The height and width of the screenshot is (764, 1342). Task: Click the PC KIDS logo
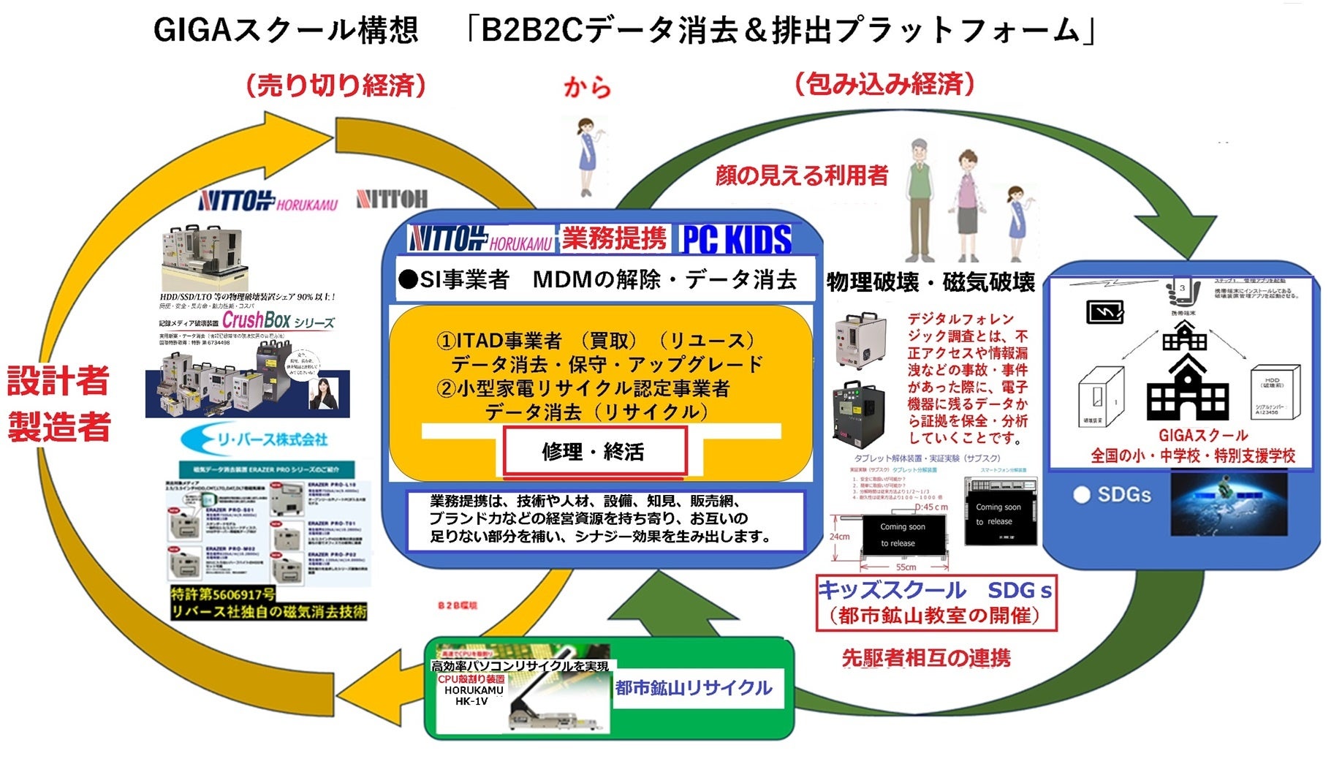736,239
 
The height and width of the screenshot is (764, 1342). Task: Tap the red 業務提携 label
614,238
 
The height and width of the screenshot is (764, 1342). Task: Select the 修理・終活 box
594,451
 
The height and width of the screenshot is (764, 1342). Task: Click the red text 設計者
58,380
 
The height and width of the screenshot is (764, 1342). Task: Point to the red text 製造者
58,427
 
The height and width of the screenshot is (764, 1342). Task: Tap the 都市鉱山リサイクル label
693,687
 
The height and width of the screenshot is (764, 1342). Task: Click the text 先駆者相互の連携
926,658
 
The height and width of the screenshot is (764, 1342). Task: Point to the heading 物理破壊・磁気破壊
930,282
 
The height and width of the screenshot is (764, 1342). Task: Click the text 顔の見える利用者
802,175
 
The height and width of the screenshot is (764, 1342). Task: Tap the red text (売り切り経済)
335,86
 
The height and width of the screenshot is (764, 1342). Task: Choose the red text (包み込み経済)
884,84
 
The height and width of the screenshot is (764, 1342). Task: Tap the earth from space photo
1229,503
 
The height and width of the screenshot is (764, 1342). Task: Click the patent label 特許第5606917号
223,594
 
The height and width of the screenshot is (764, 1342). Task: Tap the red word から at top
587,88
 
